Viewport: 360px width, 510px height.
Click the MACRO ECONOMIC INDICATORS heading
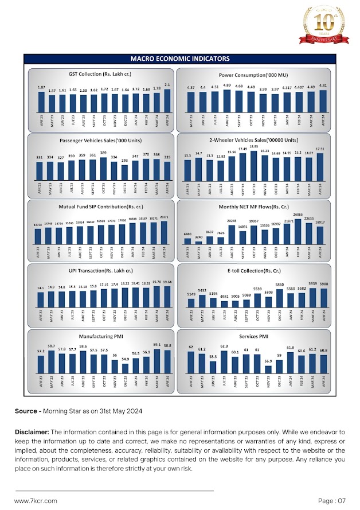(x=180, y=59)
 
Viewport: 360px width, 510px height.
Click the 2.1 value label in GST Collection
(x=167, y=85)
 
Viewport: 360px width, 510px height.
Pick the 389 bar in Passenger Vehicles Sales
(x=104, y=169)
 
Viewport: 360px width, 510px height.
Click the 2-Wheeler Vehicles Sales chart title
(x=253, y=140)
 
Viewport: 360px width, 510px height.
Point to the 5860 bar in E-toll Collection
(x=279, y=297)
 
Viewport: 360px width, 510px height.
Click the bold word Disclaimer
(x=32, y=431)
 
